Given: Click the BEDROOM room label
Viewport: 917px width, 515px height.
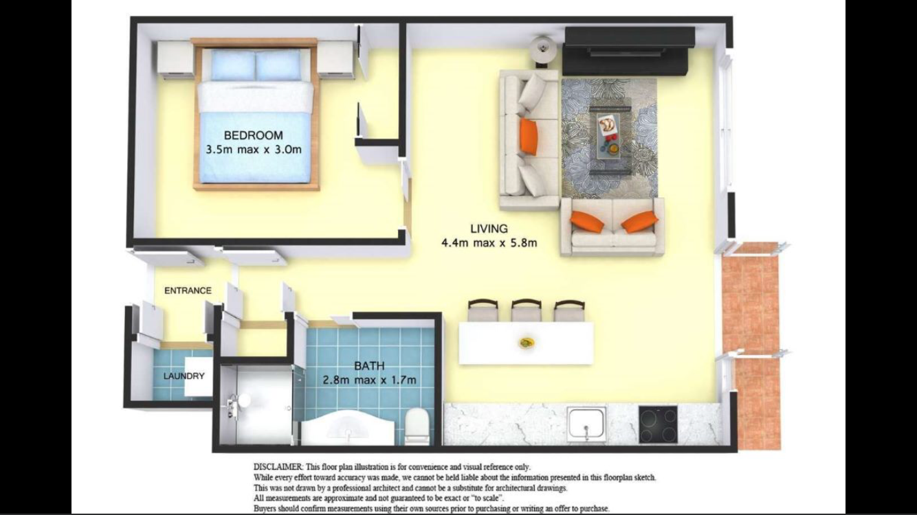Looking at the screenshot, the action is click(x=254, y=135).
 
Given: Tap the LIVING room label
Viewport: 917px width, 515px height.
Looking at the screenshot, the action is click(x=489, y=228).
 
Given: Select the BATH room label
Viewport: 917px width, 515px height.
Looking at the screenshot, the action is click(x=369, y=366).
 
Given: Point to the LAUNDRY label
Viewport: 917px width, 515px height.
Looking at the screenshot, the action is click(x=184, y=376).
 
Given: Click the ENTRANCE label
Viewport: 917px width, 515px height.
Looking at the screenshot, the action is click(x=188, y=290).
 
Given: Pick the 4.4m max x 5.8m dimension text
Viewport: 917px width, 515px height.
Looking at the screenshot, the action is click(x=489, y=243).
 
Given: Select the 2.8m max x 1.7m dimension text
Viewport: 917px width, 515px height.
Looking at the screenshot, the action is click(x=369, y=380).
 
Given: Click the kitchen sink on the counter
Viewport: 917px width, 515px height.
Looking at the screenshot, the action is click(x=586, y=424).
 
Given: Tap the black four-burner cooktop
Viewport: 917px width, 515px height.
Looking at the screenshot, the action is click(x=658, y=424).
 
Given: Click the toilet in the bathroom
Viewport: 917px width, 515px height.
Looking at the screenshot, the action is click(x=417, y=426).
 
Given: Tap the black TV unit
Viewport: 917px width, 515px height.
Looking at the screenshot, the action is click(x=628, y=51).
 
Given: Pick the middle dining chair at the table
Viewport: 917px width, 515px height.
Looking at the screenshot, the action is click(x=526, y=310).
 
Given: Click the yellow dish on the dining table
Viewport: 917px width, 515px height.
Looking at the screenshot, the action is click(x=527, y=342).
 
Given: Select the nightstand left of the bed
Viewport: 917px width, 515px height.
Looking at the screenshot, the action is click(x=175, y=59).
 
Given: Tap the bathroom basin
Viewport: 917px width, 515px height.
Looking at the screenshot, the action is click(x=348, y=428).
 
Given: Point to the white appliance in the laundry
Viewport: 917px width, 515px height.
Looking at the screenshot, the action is click(x=198, y=377).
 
